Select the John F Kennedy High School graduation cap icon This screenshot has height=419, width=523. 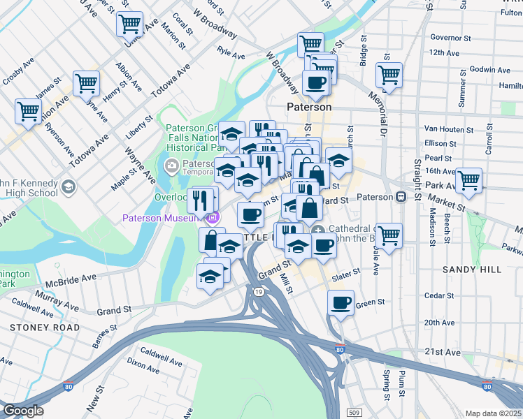point(69,186)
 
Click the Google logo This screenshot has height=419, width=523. point(23,411)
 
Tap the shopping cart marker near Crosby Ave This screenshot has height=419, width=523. point(28,110)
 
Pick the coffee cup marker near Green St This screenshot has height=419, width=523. point(341,302)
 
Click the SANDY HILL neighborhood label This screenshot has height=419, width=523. point(468,269)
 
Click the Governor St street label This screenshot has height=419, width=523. point(447,37)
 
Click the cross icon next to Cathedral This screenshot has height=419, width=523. point(318,230)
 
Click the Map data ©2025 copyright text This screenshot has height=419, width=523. point(493,413)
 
